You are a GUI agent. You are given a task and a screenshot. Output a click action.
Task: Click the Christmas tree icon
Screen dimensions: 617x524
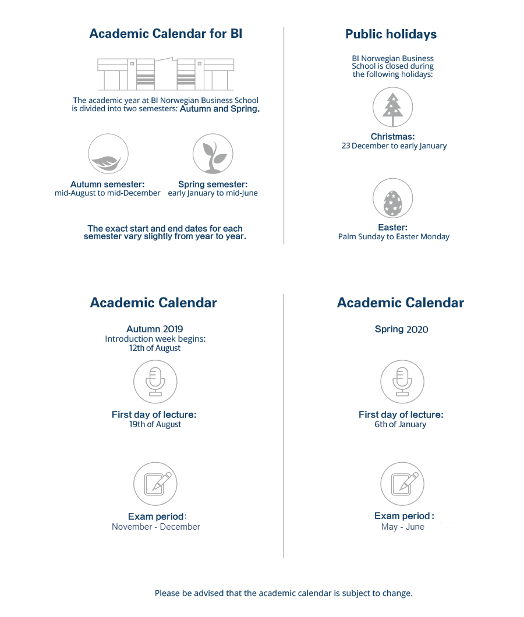(x=392, y=108)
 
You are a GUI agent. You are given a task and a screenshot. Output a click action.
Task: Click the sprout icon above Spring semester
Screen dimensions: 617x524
(x=213, y=154)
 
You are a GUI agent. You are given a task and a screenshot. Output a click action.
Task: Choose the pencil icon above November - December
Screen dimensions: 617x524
(x=155, y=483)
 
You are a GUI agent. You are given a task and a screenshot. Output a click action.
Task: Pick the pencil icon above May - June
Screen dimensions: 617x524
(x=401, y=483)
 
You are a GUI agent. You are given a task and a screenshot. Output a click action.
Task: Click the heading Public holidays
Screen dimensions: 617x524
(x=391, y=34)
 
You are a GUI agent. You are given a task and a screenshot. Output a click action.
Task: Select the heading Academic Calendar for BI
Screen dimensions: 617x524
(x=165, y=34)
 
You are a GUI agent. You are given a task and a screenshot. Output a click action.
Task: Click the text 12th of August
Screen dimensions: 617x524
(x=155, y=348)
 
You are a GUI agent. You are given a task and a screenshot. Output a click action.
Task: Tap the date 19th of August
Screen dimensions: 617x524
(x=155, y=424)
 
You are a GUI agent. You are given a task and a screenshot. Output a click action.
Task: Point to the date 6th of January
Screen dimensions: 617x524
(x=401, y=424)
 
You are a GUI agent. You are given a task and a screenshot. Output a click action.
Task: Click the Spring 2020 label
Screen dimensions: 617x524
(x=401, y=329)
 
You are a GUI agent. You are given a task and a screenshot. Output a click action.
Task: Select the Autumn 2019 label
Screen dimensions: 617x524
(x=155, y=329)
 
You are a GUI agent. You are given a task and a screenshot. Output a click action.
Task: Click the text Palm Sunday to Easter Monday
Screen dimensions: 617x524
(x=394, y=237)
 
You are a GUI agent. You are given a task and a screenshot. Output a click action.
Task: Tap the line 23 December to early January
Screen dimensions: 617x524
(x=394, y=146)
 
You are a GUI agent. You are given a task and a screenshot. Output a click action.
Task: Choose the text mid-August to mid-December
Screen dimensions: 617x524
(x=108, y=193)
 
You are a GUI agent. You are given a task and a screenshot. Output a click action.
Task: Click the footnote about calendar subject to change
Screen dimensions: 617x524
(x=284, y=593)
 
